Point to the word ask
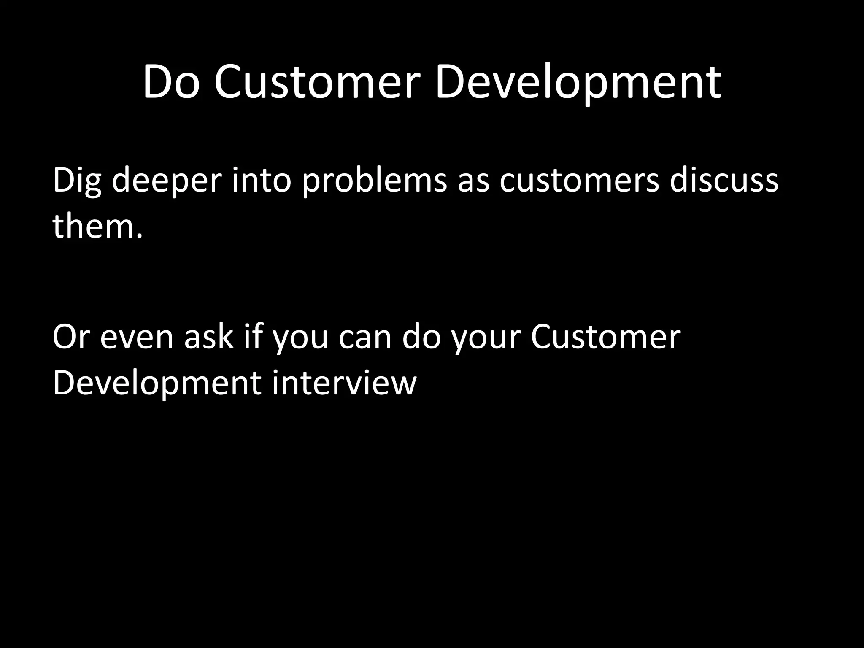tap(209, 337)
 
